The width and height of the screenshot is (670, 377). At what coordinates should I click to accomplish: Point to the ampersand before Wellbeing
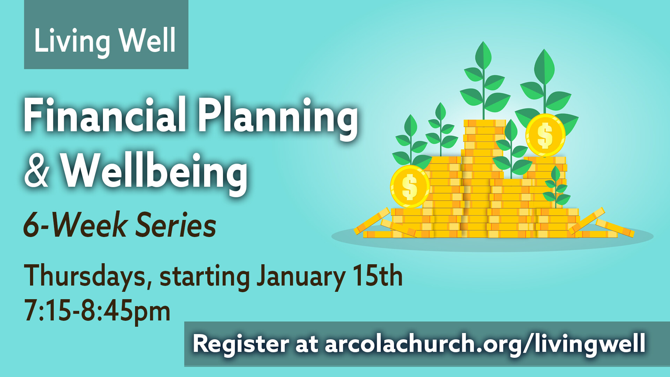(x=37, y=170)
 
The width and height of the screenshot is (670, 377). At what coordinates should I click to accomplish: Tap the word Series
(x=176, y=225)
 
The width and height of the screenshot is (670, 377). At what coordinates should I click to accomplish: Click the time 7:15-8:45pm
(x=97, y=311)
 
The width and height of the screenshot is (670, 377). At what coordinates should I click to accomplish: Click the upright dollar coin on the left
(x=410, y=186)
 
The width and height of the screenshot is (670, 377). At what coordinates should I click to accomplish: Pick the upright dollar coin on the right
(x=545, y=135)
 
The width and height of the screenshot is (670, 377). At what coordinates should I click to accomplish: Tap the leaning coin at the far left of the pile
(x=372, y=221)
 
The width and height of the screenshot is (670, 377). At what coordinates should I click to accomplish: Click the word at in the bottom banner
(x=307, y=345)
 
